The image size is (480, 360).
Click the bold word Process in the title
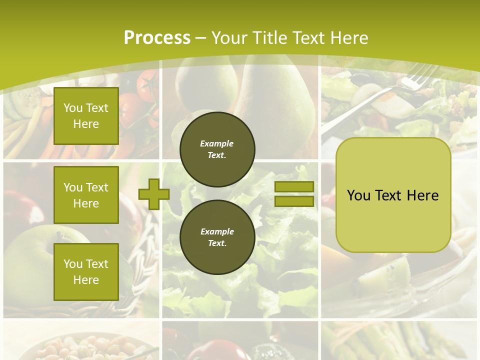[x=157, y=38]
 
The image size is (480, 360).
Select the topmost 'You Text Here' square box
[x=86, y=116]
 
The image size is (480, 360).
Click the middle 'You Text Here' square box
[x=86, y=195]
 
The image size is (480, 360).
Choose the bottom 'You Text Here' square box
[x=86, y=271]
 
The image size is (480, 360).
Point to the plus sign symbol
[x=153, y=194]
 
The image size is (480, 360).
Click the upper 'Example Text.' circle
[x=217, y=149]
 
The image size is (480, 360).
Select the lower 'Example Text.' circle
[x=217, y=237]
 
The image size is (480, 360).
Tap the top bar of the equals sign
[x=294, y=186]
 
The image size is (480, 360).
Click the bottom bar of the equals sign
[x=294, y=201]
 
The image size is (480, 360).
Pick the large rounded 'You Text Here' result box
[x=393, y=195]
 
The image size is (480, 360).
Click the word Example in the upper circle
[x=216, y=143]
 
